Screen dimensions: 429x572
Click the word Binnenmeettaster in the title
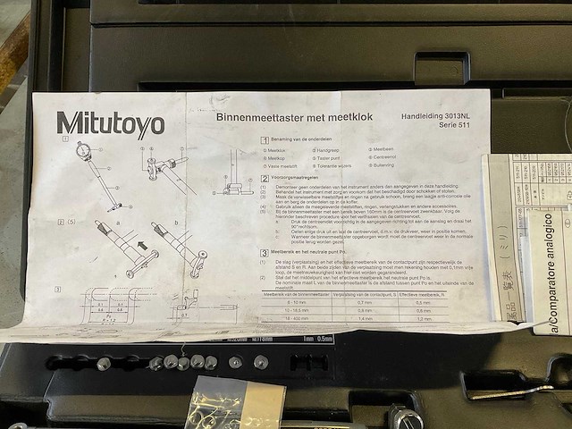tap(254, 116)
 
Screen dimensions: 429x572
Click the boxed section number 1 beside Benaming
tap(263, 140)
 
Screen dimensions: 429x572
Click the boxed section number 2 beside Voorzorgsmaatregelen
tap(263, 178)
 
